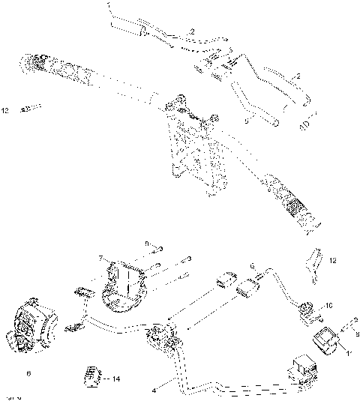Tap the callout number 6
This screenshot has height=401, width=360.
[29, 372]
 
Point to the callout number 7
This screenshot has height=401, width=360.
[100, 259]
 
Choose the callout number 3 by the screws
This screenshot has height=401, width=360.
[190, 258]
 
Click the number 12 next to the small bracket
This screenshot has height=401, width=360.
[333, 261]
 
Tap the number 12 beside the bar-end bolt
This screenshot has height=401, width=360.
[5, 111]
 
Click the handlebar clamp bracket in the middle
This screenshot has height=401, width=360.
[192, 142]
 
